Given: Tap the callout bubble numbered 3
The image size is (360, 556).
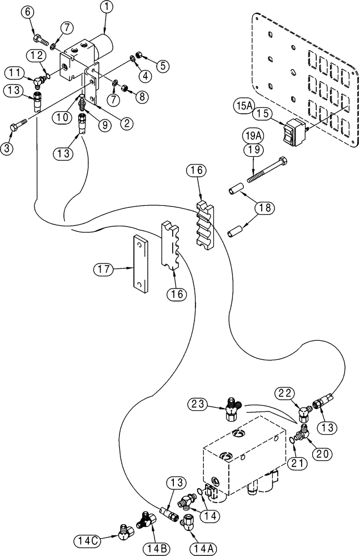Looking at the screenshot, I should [x=8, y=148].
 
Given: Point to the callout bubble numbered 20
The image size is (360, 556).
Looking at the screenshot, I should [x=322, y=454].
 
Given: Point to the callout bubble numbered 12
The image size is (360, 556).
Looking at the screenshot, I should [x=36, y=54].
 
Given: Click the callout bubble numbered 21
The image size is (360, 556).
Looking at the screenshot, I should [x=297, y=463].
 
